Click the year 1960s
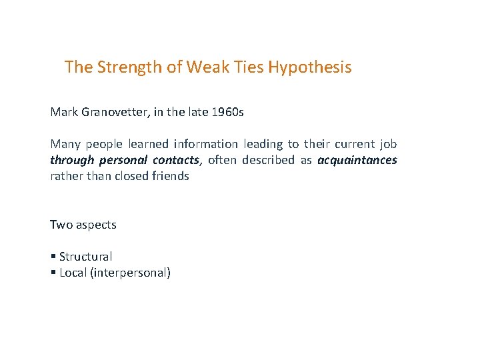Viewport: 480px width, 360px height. tap(227, 112)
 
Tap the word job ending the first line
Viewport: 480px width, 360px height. tap(388, 144)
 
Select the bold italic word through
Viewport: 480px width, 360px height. tap(72, 160)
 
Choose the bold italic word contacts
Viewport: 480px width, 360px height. tap(176, 160)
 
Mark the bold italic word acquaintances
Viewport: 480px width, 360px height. tap(357, 160)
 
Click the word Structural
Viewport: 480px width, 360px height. tap(85, 257)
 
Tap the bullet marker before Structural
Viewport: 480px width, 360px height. tap(53, 257)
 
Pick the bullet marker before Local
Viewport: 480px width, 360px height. tap(53, 273)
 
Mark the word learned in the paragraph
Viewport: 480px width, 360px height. tap(148, 144)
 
